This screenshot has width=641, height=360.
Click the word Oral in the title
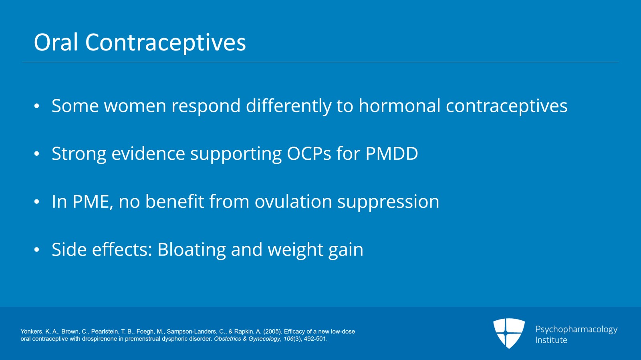pyautogui.click(x=56, y=42)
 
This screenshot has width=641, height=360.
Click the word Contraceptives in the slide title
pyautogui.click(x=165, y=43)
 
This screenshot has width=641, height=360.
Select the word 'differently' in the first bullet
pyautogui.click(x=288, y=106)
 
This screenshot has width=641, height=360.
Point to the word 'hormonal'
pyautogui.click(x=399, y=105)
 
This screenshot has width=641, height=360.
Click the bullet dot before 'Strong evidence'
pyautogui.click(x=36, y=154)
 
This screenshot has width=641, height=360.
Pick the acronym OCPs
pyautogui.click(x=309, y=153)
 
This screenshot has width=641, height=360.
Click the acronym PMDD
pyautogui.click(x=392, y=153)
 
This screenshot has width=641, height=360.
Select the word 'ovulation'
pyautogui.click(x=293, y=201)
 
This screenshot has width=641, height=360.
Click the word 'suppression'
pyautogui.click(x=388, y=203)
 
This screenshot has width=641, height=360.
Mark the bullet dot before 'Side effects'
pyautogui.click(x=36, y=249)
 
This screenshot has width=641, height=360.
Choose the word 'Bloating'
pyautogui.click(x=191, y=250)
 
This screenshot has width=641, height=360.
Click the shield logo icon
pyautogui.click(x=509, y=333)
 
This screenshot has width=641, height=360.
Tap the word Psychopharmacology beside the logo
pyautogui.click(x=576, y=330)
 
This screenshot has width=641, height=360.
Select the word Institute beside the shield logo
pyautogui.click(x=551, y=340)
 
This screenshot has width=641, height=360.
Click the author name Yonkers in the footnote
pyautogui.click(x=32, y=332)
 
